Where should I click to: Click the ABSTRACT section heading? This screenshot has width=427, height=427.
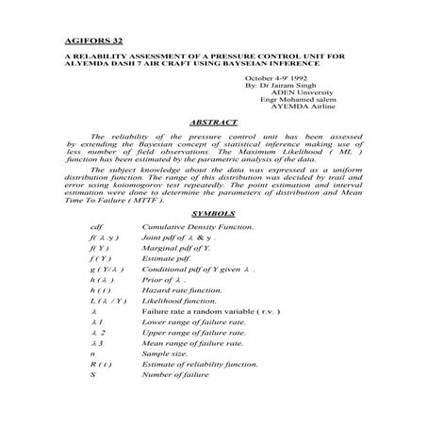tap(213, 123)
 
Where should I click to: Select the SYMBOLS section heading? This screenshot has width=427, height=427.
tap(213, 215)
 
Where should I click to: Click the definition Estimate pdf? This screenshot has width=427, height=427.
tap(168, 258)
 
